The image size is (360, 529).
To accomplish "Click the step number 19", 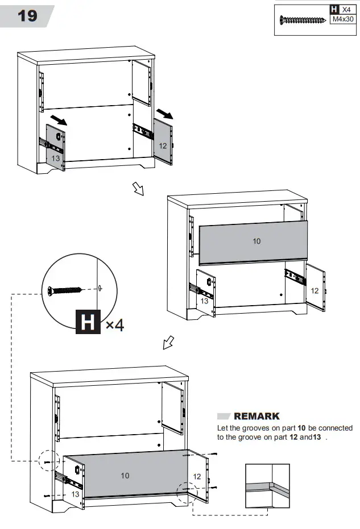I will [x=27, y=15].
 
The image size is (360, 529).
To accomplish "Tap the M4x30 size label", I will [x=343, y=19].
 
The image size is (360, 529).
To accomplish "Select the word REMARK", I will [x=256, y=416].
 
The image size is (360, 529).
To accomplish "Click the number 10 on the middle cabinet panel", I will [x=256, y=241].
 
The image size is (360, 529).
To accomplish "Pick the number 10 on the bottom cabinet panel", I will [x=125, y=476].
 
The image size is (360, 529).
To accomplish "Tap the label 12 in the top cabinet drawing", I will [x=163, y=146].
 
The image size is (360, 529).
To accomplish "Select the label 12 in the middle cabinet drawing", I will [x=315, y=290].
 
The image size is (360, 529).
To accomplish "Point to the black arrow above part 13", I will [x=58, y=119].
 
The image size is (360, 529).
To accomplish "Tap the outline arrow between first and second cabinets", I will [x=138, y=189].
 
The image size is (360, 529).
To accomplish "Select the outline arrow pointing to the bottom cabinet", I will [x=168, y=343].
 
